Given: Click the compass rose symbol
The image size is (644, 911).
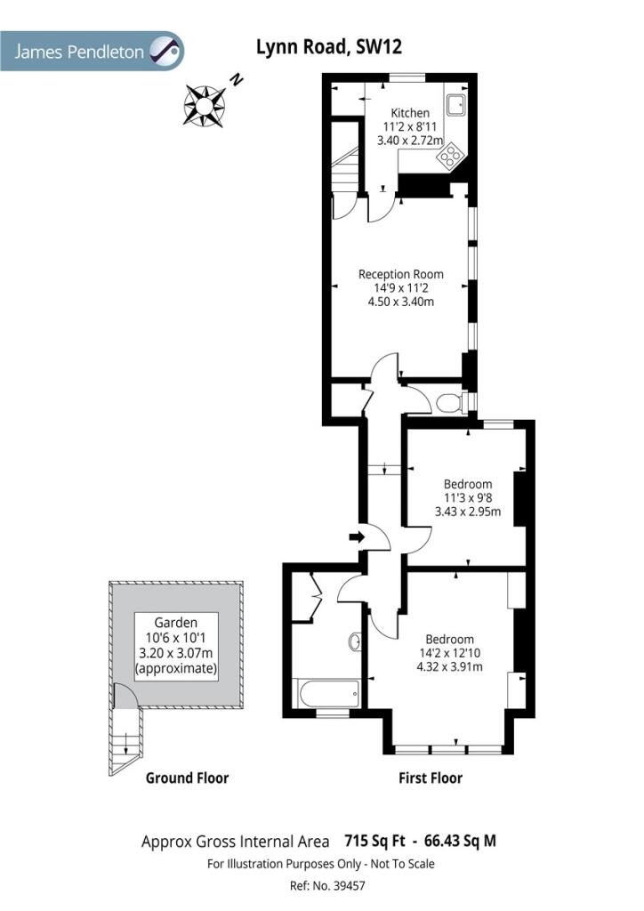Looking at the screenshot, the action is point(205,105).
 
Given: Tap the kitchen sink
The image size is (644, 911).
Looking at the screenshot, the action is point(455,104).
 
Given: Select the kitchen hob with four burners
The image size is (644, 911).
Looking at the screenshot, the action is point(451,157).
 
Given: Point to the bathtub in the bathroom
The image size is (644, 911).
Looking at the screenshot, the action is point(328,693).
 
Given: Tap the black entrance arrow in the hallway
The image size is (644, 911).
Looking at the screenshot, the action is point(356,537).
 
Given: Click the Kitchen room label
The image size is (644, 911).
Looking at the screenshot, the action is point(410,113).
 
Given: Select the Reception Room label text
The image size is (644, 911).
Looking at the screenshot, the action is point(400,274).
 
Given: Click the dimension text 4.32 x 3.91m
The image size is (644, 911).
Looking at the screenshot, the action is point(449,666).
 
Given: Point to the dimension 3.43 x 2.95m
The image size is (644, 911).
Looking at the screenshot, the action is point(468,512).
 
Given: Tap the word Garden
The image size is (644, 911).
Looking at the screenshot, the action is point(176,623).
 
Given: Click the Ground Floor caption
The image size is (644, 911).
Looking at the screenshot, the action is point(187,778).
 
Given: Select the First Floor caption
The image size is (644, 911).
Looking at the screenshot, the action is point(431,778).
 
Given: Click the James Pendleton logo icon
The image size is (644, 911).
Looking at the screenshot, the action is point(165,51).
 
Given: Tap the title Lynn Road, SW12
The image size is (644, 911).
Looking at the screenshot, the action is point(329,46).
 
